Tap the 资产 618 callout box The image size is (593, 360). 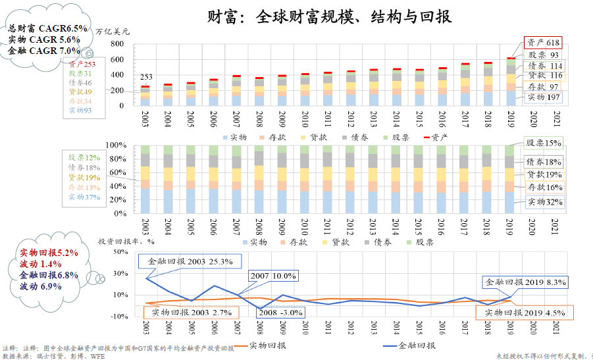coord(542,41)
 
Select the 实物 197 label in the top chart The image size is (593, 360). coord(544,97)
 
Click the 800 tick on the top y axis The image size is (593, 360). coord(117,43)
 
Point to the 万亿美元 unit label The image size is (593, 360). coord(113,31)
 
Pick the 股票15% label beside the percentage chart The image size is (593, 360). coord(544,143)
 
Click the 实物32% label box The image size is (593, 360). coord(544,201)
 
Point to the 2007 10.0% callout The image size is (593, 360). coord(272,276)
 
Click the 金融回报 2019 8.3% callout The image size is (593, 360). coord(526,282)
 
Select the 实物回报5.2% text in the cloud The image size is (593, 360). coord(49,252)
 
